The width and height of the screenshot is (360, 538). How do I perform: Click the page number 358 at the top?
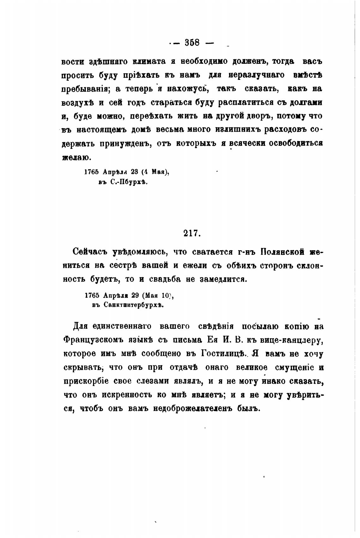point(192,42)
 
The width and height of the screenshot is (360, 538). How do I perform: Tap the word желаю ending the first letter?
point(76,157)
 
